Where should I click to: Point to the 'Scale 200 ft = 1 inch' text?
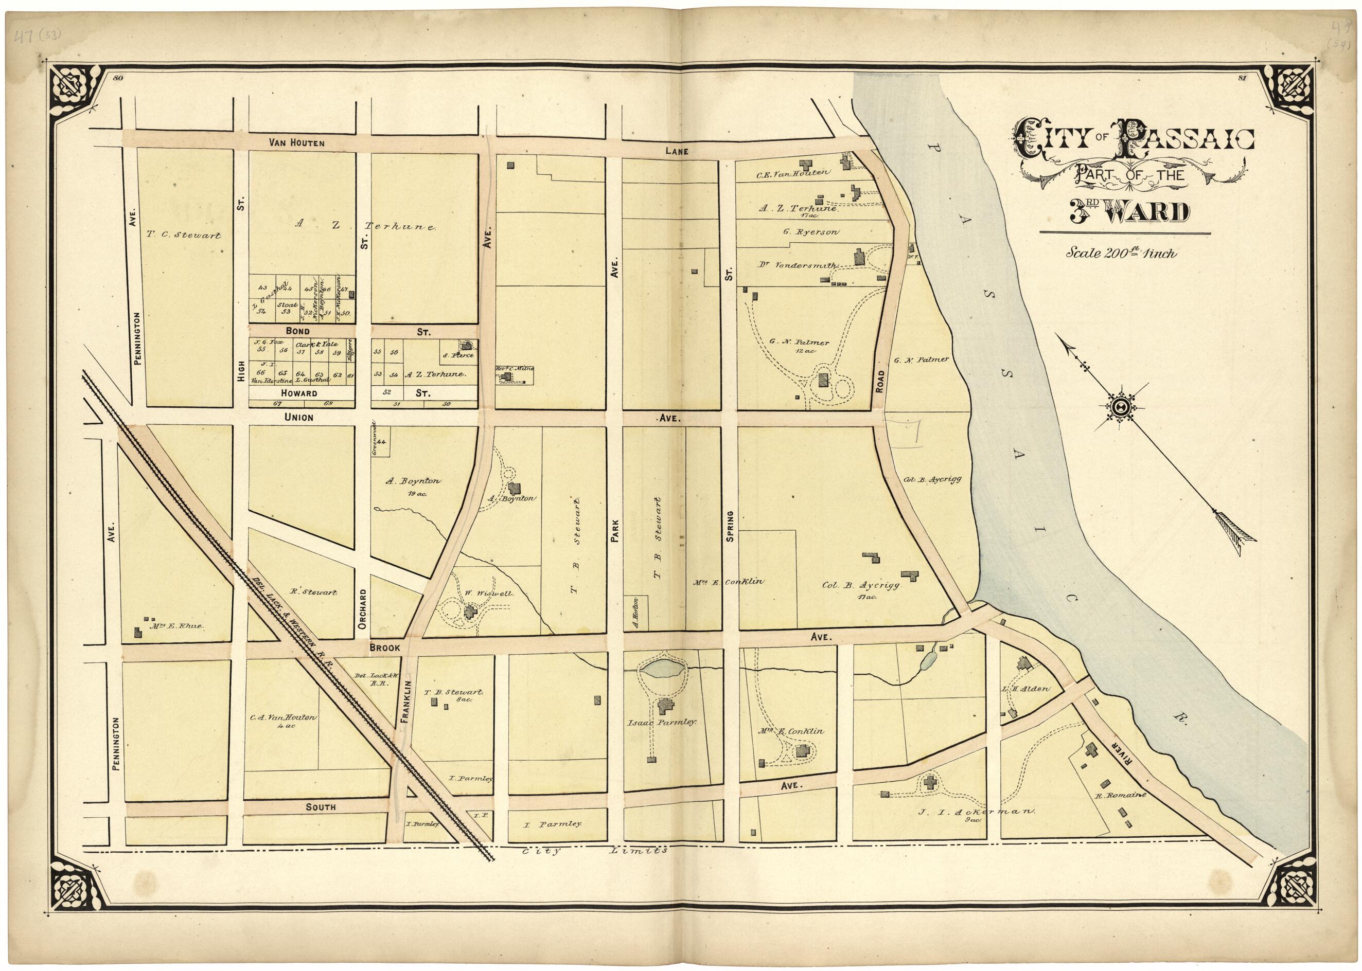click(1121, 254)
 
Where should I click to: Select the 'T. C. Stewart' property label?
click(183, 236)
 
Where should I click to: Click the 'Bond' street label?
click(297, 331)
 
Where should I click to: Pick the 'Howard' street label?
click(297, 393)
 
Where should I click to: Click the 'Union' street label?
click(298, 417)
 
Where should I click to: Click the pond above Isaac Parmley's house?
click(662, 669)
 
